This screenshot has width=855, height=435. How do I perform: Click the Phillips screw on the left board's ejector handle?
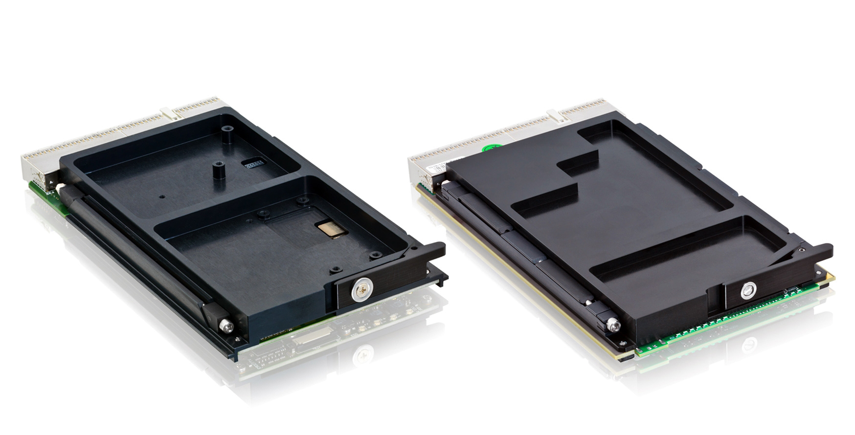(362, 290)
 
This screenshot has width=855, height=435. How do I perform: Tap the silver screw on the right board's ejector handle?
(747, 290)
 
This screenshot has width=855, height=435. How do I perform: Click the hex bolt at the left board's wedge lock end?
(226, 326)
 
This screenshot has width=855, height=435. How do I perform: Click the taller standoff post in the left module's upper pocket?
(227, 134)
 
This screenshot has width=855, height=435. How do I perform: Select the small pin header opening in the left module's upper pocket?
(253, 163)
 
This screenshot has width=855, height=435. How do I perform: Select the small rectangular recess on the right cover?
(577, 163)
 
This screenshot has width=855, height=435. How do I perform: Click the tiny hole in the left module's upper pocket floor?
(162, 197)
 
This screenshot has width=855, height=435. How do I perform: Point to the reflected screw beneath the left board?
(363, 354)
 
